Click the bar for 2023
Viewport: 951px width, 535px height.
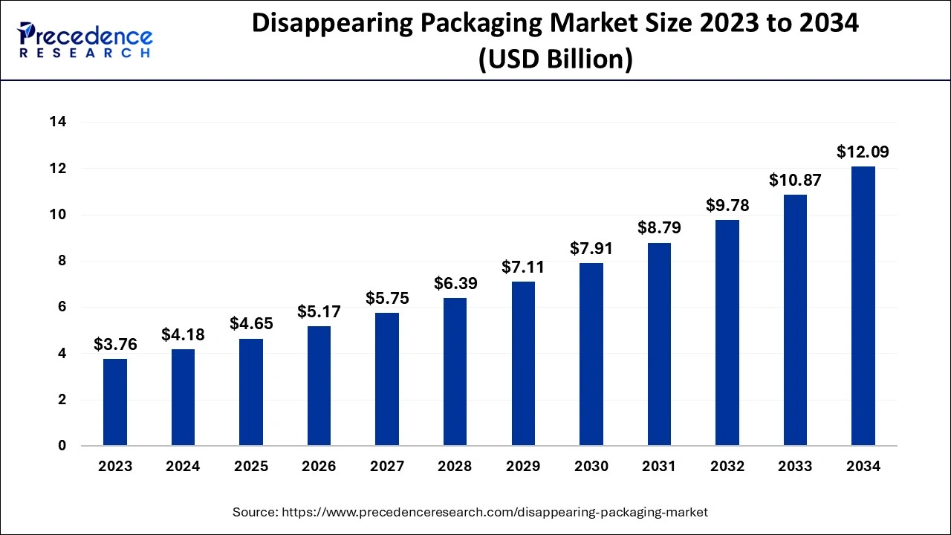(x=115, y=402)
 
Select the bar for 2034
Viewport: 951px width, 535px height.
(x=863, y=306)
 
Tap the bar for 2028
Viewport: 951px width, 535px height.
(x=455, y=372)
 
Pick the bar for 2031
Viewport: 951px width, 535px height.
(x=659, y=344)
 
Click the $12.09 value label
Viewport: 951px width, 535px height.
(x=863, y=152)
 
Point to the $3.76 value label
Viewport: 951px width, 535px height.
(x=115, y=344)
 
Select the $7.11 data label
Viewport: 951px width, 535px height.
(x=523, y=267)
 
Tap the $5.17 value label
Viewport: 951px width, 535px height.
(x=319, y=311)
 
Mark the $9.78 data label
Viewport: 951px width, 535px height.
(x=727, y=205)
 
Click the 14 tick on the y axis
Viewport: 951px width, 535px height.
(x=57, y=122)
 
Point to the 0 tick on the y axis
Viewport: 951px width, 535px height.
(x=62, y=446)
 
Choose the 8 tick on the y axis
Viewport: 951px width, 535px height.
(x=62, y=261)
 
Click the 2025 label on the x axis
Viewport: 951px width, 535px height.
(x=251, y=467)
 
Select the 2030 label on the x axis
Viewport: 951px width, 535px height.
(x=591, y=467)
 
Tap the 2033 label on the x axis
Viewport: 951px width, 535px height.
(x=795, y=467)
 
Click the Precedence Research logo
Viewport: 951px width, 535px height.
(x=85, y=40)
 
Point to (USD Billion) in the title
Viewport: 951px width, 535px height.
(x=556, y=59)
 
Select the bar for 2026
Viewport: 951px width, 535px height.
(x=319, y=386)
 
